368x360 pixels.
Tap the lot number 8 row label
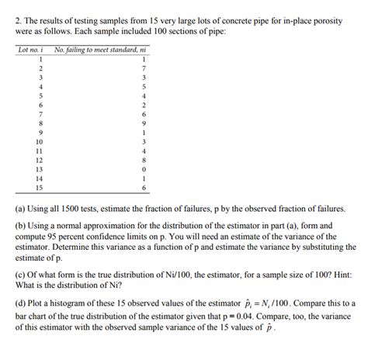30,123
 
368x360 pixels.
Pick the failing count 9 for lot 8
144,123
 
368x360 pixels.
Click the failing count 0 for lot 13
144,168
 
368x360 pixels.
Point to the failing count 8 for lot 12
144,158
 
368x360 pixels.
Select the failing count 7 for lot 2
144,69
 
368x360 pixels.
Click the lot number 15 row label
30,186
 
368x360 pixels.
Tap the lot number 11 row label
30,150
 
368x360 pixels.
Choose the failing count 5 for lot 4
144,87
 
